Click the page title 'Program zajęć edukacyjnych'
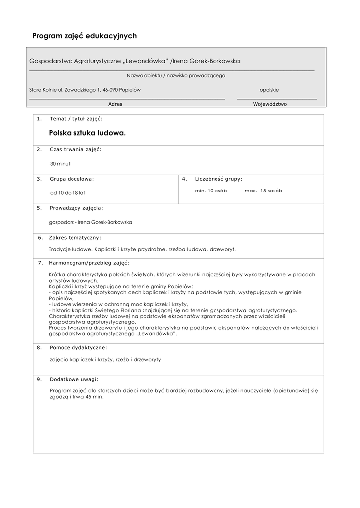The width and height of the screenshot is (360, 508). pyautogui.click(x=84, y=36)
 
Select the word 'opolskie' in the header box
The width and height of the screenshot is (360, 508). pyautogui.click(x=269, y=90)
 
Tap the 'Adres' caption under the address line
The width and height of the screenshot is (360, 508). pyautogui.click(x=115, y=104)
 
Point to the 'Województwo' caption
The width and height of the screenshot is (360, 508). pyautogui.click(x=270, y=104)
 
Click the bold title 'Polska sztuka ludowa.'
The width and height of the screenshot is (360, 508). pyautogui.click(x=87, y=133)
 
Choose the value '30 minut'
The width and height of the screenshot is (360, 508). pyautogui.click(x=60, y=163)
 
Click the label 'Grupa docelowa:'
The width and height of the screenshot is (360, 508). pyautogui.click(x=72, y=178)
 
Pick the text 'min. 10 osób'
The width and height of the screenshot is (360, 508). pyautogui.click(x=211, y=190)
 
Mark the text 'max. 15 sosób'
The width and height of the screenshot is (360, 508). pyautogui.click(x=263, y=190)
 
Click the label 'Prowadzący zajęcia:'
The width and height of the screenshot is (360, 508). pyautogui.click(x=76, y=208)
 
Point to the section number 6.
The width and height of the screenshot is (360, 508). pyautogui.click(x=40, y=237)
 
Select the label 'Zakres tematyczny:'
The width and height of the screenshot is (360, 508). pyautogui.click(x=75, y=237)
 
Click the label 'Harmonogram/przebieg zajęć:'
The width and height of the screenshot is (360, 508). pyautogui.click(x=89, y=262)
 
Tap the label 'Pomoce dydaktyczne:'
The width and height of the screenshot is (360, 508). pyautogui.click(x=78, y=347)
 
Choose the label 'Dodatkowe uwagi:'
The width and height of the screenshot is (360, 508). pyautogui.click(x=74, y=379)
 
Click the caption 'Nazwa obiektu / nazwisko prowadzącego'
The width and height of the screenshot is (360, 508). pyautogui.click(x=176, y=76)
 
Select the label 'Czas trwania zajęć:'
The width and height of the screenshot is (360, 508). pyautogui.click(x=75, y=149)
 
